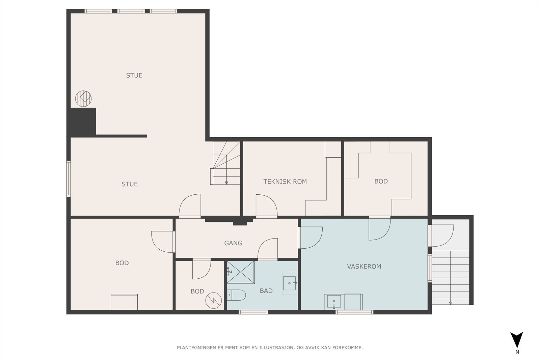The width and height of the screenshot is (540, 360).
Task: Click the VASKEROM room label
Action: coord(364,266)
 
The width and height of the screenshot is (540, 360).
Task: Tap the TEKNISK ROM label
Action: coord(285,182)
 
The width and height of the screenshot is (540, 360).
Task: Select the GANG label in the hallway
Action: coord(233,243)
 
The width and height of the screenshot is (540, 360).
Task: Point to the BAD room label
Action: coord(266,291)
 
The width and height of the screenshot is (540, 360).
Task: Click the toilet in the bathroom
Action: coord(236,295)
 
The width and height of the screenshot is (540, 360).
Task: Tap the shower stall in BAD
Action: coord(241,272)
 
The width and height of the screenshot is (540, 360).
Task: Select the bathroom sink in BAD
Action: coord(290,283)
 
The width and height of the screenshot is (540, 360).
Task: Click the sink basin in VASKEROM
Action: coord(334,302)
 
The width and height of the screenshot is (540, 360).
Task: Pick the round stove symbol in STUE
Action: coord(83,99)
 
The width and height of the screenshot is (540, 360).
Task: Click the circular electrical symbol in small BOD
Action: coord(214,301)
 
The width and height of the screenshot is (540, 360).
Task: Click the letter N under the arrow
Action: coord(517,352)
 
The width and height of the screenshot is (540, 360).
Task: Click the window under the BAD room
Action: coord(253,312)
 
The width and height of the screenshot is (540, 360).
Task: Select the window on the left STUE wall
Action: coord(69,179)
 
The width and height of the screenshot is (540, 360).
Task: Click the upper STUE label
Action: coord(134,76)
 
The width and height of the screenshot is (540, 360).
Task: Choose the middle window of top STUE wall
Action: coord(131,11)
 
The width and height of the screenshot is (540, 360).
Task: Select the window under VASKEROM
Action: coord(354,312)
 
